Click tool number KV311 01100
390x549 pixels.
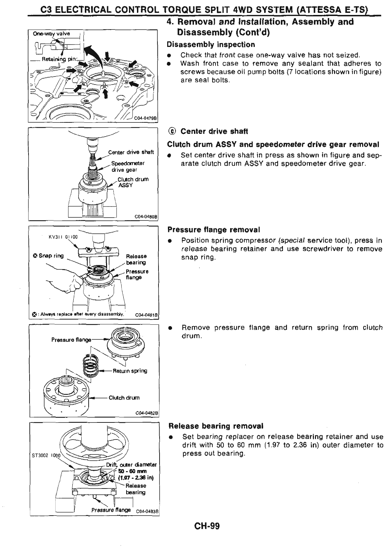coord(63,237)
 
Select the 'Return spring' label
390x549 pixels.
coord(130,371)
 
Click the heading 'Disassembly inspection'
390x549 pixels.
coord(211,45)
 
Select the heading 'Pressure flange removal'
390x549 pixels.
coord(213,230)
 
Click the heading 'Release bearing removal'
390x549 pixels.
coord(216,426)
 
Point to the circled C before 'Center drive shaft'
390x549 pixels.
coord(172,131)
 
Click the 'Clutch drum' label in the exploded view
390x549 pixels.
coord(124,398)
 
